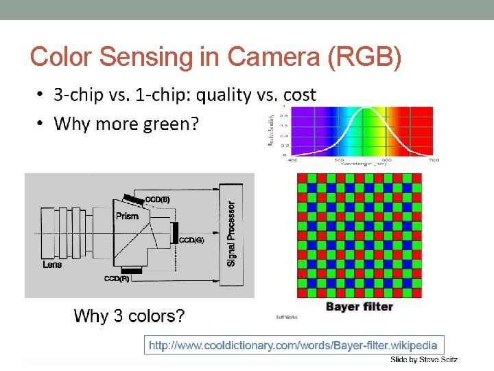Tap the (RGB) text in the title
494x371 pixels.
[x=365, y=57]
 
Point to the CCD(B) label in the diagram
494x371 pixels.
[x=158, y=200]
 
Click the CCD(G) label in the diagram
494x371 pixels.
[x=191, y=240]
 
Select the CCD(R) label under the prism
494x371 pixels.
[x=116, y=279]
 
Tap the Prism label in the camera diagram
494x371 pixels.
[x=127, y=216]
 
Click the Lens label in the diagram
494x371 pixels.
[x=52, y=265]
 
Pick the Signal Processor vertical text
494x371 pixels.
[x=231, y=234]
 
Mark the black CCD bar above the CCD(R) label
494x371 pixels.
[x=132, y=271]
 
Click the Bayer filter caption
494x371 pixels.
[x=359, y=306]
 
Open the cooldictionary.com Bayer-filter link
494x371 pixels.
[x=293, y=345]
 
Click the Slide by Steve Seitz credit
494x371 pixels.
[x=423, y=359]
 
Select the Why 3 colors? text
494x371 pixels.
[x=129, y=316]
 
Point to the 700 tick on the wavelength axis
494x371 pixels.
[x=433, y=159]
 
